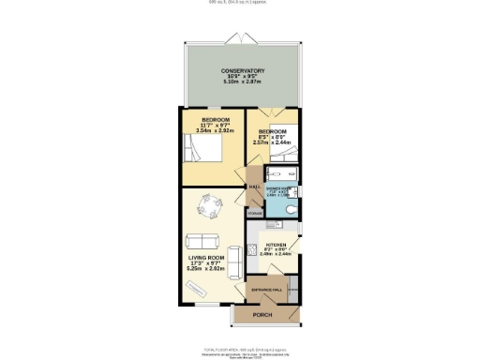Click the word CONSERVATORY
tap(243, 72)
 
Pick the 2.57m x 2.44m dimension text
tap(272, 142)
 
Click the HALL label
tap(254, 187)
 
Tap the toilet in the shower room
tap(292, 208)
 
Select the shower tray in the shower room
tap(281, 174)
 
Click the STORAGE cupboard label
tap(255, 214)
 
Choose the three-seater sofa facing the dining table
tap(200, 239)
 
